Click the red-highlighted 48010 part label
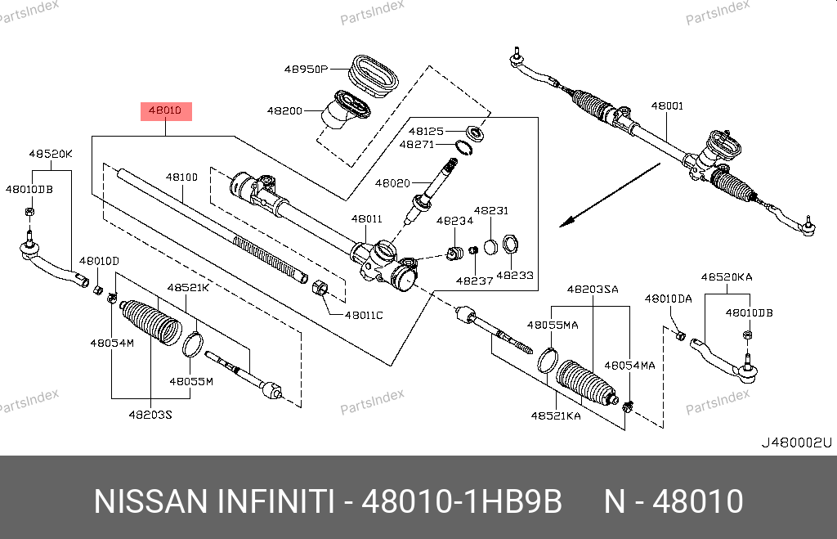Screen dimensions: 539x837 coord(167,110)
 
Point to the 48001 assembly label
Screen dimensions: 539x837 coord(667,106)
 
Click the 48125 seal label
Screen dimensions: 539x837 coord(426,131)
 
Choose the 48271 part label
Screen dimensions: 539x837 coord(416,144)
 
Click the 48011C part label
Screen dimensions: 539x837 coord(364,314)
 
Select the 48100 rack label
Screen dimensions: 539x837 coord(181,177)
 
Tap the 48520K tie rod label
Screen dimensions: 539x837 coord(51,154)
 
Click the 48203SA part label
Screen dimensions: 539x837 coord(593,289)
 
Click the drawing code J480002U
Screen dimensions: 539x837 coord(795,442)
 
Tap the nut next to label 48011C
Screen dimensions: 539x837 coord(321,289)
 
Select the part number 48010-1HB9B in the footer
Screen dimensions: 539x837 coord(462,501)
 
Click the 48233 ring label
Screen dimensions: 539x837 coord(515,276)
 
